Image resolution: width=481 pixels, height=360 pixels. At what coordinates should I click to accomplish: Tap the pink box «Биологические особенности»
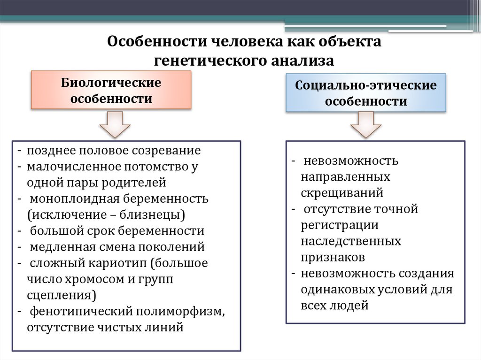click(111, 91)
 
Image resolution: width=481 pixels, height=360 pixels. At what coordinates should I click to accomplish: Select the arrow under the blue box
click(366, 124)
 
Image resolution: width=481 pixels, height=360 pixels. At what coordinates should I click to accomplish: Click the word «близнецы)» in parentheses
click(158, 215)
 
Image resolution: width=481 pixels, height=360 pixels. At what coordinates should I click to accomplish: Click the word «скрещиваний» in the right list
click(342, 193)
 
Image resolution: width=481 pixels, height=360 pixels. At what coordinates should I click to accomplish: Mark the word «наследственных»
click(351, 241)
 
